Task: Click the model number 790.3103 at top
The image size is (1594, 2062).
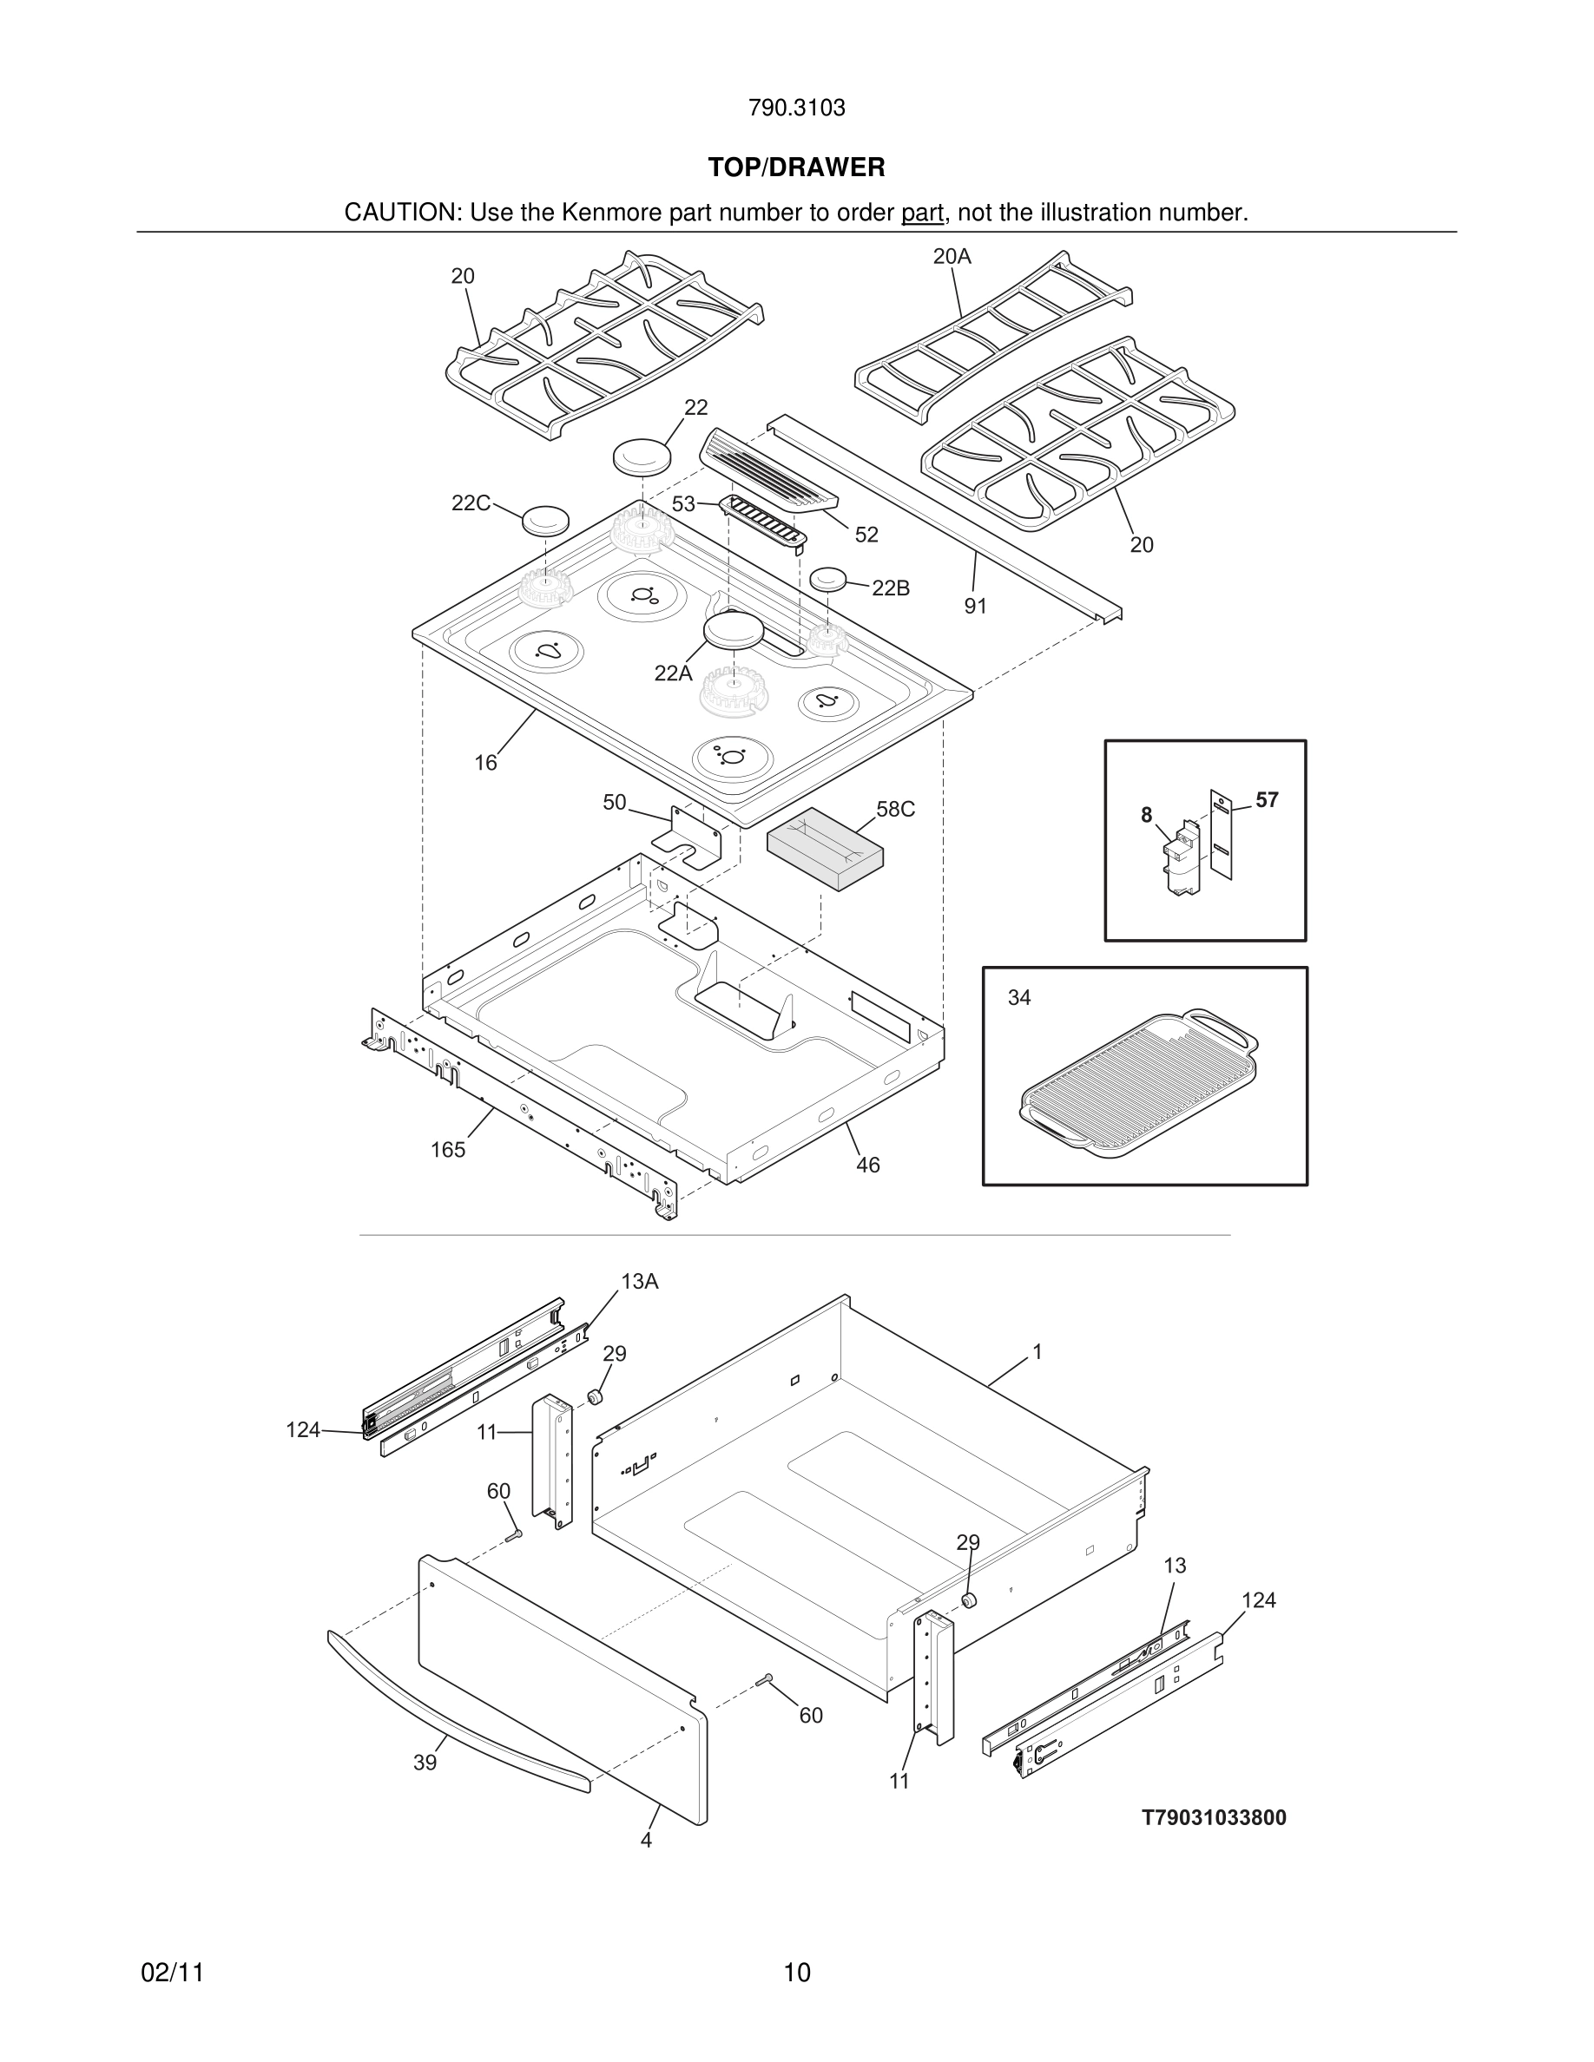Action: pos(796,108)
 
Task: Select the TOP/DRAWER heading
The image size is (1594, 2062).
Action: pos(796,168)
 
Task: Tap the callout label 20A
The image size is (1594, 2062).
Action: pos(951,257)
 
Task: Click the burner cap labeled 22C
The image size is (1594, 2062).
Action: pos(546,518)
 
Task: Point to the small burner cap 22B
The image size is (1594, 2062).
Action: pos(828,579)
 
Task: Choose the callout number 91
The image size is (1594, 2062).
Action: pos(976,606)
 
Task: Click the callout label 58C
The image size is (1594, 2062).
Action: pos(895,809)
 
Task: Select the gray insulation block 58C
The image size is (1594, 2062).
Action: pos(825,847)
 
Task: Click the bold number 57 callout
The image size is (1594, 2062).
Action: pos(1267,799)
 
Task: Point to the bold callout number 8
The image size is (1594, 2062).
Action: pos(1145,815)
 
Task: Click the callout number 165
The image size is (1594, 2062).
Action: pos(448,1149)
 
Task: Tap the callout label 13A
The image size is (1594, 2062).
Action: pos(639,1281)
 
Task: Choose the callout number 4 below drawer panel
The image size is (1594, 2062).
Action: pos(646,1840)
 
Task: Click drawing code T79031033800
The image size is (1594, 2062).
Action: pos(1214,1817)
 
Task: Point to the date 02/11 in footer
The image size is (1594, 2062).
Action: pos(172,1973)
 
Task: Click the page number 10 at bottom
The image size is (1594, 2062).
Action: pos(796,1973)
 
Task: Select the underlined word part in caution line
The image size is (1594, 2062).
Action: pos(922,213)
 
